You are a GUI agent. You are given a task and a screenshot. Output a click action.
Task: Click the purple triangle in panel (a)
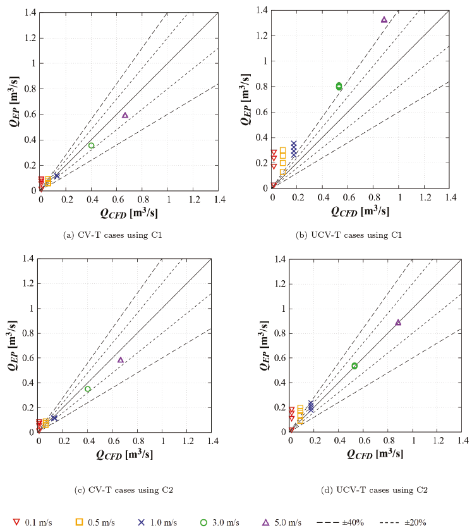[x=125, y=115]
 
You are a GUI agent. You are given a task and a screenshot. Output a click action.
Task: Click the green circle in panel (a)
[x=91, y=145]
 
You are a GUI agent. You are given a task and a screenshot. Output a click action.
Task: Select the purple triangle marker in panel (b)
[x=384, y=20]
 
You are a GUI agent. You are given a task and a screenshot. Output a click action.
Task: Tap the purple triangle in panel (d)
[x=398, y=323]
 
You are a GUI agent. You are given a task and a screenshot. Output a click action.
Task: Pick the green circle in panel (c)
[x=88, y=389]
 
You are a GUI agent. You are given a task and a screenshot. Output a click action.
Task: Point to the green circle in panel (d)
[x=354, y=366]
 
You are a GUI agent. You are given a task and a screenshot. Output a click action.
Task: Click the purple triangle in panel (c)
[x=121, y=360]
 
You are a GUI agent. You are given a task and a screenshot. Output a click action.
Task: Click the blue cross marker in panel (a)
[x=57, y=176]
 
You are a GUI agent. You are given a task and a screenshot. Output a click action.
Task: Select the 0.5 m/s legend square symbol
[x=80, y=522]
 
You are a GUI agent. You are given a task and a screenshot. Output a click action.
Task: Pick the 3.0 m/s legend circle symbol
[x=203, y=522]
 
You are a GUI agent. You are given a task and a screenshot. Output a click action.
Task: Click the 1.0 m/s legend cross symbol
[x=142, y=522]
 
